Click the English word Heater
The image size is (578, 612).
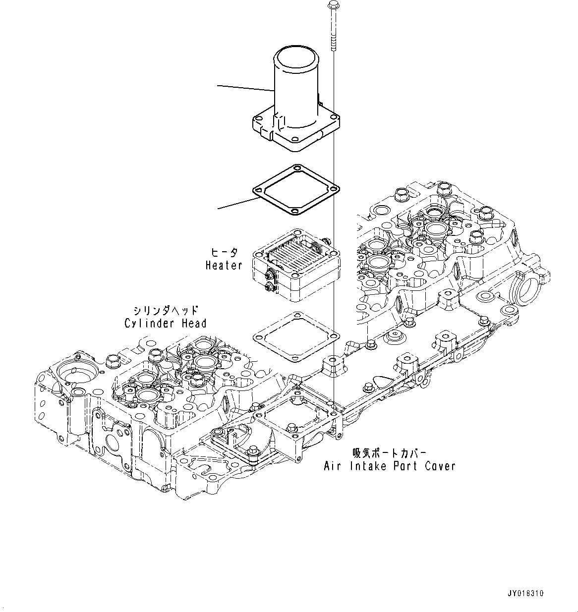[x=224, y=266]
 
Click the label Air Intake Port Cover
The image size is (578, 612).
[x=389, y=466]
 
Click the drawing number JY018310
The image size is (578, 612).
[x=525, y=593]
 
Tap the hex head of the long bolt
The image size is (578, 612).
[x=332, y=5]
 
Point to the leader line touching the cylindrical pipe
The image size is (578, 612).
[x=245, y=88]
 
